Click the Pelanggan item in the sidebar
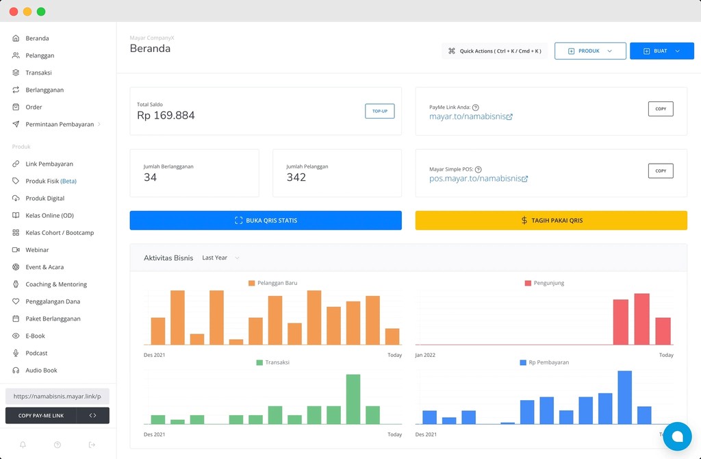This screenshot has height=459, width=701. coord(40,55)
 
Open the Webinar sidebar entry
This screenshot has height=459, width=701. coord(37,250)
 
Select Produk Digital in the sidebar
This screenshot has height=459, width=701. coord(44,198)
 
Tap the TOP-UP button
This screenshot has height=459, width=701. coord(379,111)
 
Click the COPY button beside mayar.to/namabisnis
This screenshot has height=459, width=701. coord(660,109)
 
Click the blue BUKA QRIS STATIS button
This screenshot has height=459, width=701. coord(266,221)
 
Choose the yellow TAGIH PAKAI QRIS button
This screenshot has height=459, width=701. coord(551,221)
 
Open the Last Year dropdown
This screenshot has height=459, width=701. coord(220,258)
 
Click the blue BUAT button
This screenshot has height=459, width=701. coord(661,51)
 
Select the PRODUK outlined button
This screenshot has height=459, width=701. coord(590,51)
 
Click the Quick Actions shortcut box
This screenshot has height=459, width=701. coord(494,51)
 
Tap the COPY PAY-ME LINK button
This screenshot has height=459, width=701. coord(41,415)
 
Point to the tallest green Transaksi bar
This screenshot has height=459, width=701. coord(353,399)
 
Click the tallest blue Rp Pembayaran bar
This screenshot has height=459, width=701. coord(624,397)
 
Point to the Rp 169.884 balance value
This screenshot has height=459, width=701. coord(166,115)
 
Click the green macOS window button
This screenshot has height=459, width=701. coord(41,12)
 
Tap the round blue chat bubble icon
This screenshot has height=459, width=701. coord(677,436)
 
